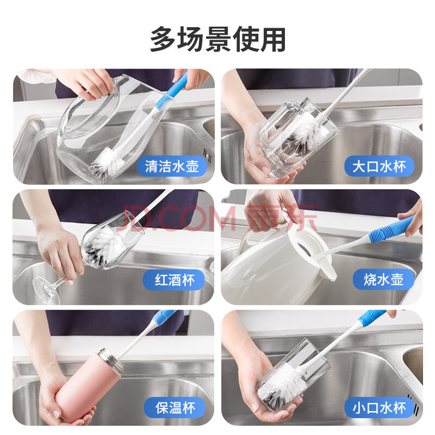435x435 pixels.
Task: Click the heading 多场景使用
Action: coord(217,39)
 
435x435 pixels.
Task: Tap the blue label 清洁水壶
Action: coord(172,166)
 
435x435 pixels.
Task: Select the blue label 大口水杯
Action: coord(379,166)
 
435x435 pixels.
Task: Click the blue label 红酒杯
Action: coord(174,279)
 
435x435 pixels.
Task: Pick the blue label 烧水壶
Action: coord(383,279)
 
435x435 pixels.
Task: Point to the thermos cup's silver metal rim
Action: coord(111,360)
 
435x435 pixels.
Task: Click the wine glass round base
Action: coord(46,290)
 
